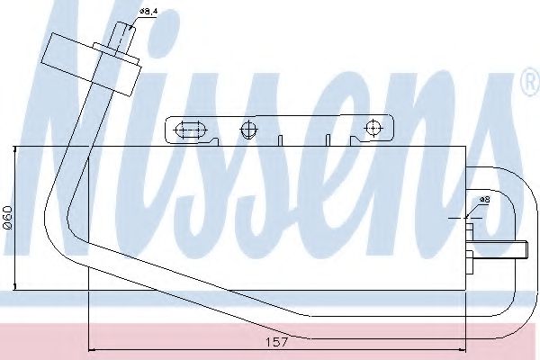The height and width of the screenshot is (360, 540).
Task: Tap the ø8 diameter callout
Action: (483, 199)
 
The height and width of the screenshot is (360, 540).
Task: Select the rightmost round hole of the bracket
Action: (371, 130)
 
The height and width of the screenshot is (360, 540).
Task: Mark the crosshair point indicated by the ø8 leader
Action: (468, 217)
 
